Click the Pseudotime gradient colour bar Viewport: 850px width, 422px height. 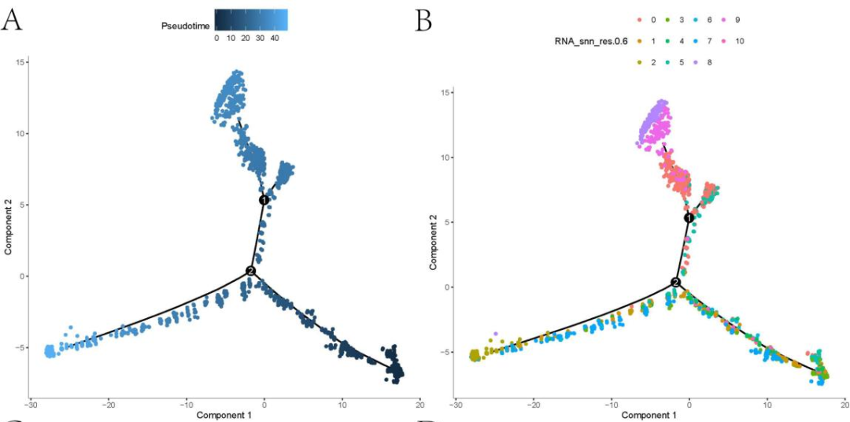(249, 19)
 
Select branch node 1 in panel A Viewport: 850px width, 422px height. (264, 200)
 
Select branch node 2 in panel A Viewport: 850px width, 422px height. (250, 271)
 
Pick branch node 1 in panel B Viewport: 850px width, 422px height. (689, 217)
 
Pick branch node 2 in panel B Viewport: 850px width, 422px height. (675, 282)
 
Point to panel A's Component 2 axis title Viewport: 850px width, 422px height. (8, 228)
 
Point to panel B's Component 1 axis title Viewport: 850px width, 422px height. (650, 415)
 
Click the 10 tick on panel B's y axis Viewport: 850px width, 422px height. (445, 157)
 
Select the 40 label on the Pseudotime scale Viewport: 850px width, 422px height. (274, 37)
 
